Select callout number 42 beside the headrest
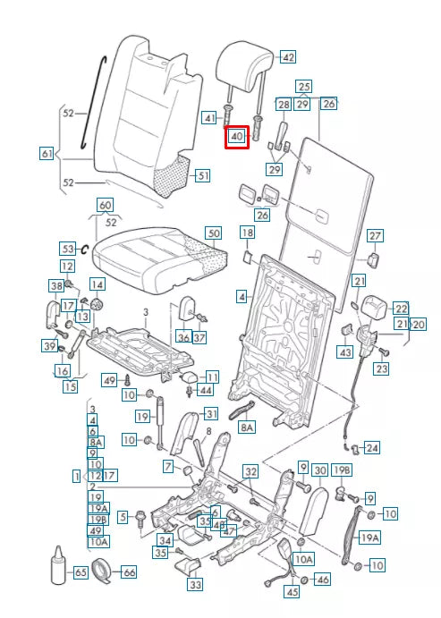pyautogui.click(x=287, y=56)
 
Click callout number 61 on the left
pyautogui.click(x=47, y=153)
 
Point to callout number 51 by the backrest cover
pyautogui.click(x=203, y=175)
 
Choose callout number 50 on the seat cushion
pyautogui.click(x=212, y=233)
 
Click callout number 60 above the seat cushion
pyautogui.click(x=105, y=206)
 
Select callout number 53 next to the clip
pyautogui.click(x=67, y=248)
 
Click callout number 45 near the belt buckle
pyautogui.click(x=292, y=591)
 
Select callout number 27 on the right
pyautogui.click(x=375, y=235)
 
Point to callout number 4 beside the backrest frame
pyautogui.click(x=242, y=295)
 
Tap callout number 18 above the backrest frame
pyautogui.click(x=247, y=233)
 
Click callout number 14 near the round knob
pyautogui.click(x=96, y=284)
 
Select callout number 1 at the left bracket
pyautogui.click(x=77, y=476)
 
